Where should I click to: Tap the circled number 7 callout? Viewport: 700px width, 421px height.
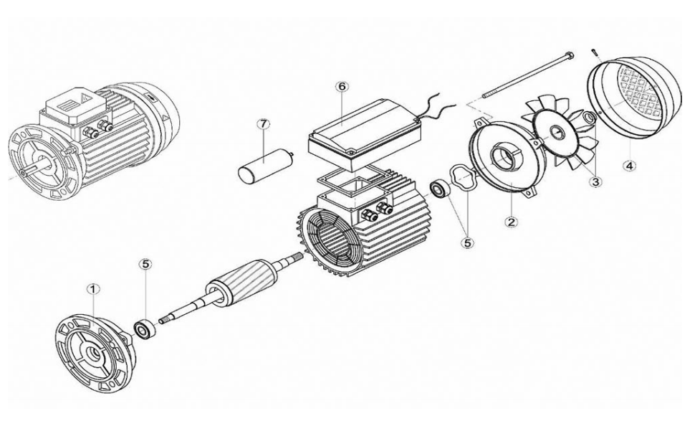coord(263,124)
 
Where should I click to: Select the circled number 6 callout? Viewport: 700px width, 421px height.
coord(342,86)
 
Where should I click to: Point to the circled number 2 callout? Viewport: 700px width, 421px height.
coord(511,221)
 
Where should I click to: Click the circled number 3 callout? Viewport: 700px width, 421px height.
coord(595,182)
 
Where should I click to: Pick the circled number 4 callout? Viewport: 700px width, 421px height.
coord(629,166)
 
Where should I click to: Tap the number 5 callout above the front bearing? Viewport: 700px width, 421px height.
coord(145,265)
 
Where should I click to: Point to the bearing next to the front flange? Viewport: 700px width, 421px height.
coord(146,329)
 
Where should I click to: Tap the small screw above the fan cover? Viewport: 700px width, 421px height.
coord(594,49)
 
